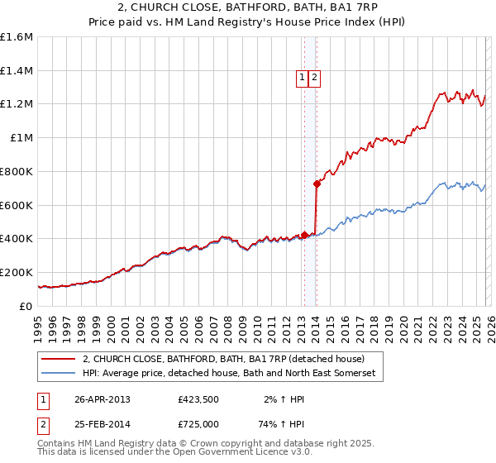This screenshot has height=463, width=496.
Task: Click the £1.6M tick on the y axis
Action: point(17,37)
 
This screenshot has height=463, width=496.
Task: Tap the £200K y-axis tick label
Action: point(17,272)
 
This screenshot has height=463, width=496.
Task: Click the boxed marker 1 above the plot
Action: point(303,78)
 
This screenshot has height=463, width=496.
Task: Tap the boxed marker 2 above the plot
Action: point(316,78)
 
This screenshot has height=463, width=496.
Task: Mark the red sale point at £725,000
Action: point(317,184)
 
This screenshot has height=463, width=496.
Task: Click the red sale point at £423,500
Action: point(304,235)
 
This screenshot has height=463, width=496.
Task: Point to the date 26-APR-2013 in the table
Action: point(103,399)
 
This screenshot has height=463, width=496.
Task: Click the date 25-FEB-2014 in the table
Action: point(103,423)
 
